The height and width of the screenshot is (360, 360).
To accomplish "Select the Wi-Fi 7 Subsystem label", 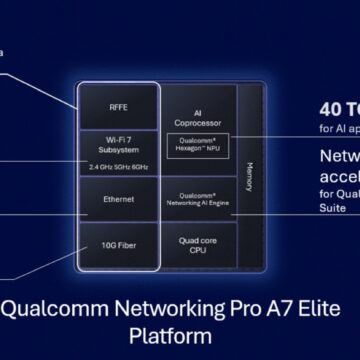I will tap(118, 144).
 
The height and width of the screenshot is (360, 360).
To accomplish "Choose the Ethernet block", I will tap(118, 200).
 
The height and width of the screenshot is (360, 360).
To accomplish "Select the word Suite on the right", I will tap(335, 209).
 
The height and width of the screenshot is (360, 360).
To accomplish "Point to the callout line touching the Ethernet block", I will tap(40, 211).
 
